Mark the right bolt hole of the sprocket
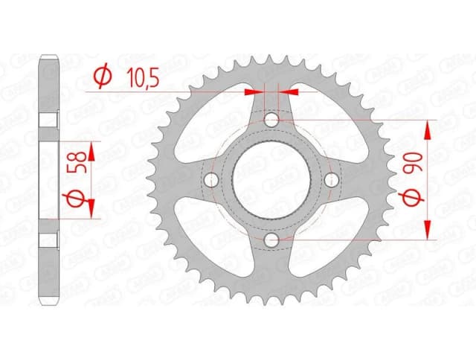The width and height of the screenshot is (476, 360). [332, 179]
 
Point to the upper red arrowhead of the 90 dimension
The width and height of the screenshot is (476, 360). [429, 129]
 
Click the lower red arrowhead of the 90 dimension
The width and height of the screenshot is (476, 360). [429, 231]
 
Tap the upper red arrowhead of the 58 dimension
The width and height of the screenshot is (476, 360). [91, 151]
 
